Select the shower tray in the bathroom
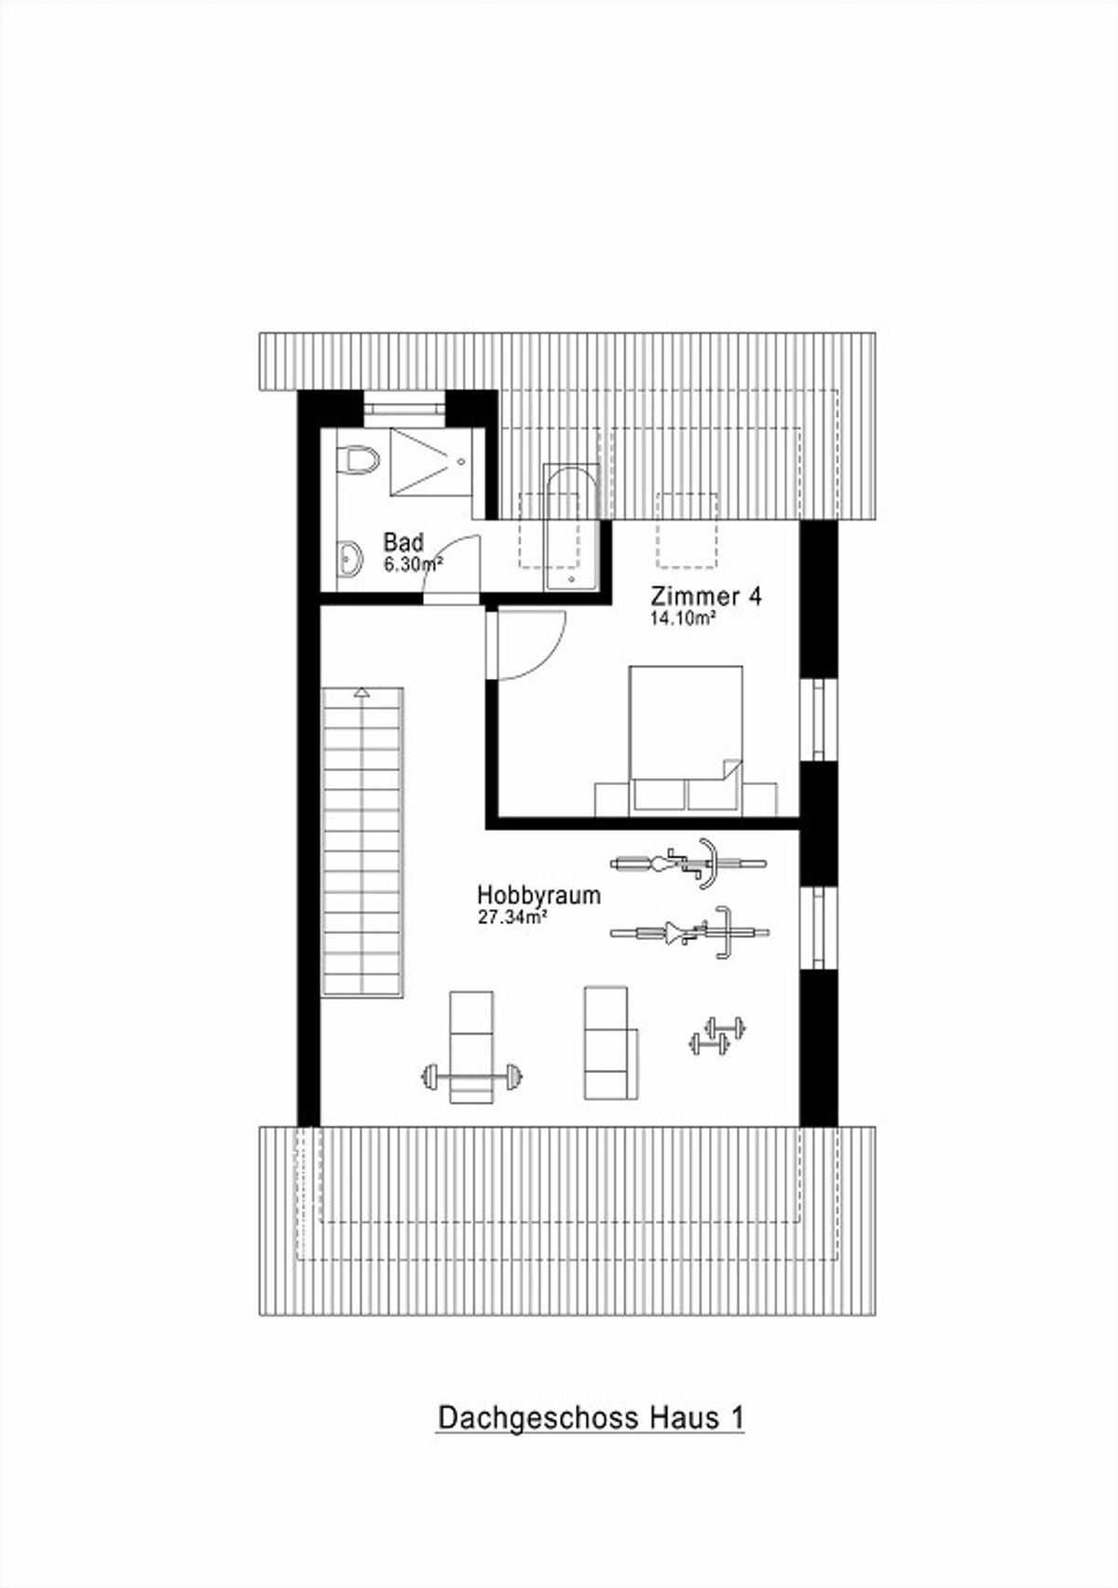click(x=430, y=461)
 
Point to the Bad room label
click(x=403, y=542)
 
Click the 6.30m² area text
click(x=414, y=564)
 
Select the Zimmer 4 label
click(x=706, y=596)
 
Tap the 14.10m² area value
click(x=681, y=618)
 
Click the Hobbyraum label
click(x=539, y=895)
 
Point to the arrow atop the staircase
click(x=362, y=692)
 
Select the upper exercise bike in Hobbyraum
click(x=689, y=862)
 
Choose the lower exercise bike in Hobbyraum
click(x=689, y=932)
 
